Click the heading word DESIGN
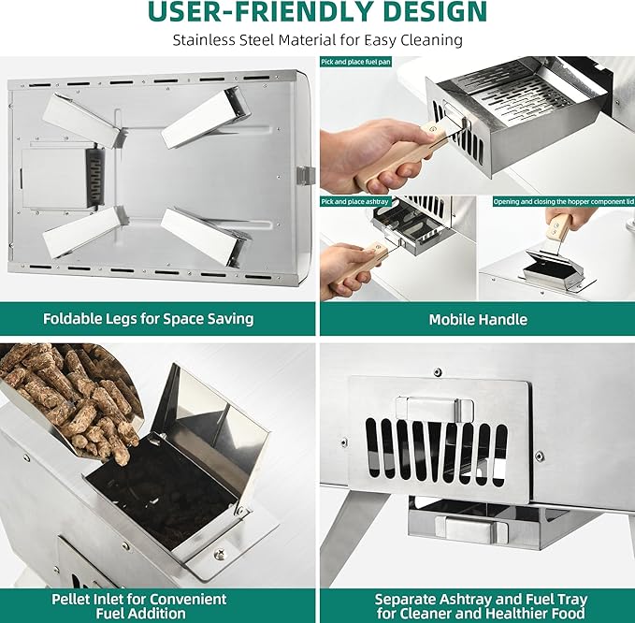pyautogui.click(x=435, y=12)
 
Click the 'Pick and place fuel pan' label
pyautogui.click(x=356, y=62)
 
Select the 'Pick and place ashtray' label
pyautogui.click(x=354, y=201)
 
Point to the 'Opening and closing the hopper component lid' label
pyautogui.click(x=563, y=202)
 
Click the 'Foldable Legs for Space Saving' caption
pyautogui.click(x=148, y=319)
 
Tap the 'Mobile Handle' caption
pyautogui.click(x=478, y=319)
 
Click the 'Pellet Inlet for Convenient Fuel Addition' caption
pyautogui.click(x=139, y=606)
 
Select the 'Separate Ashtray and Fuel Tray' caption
pyautogui.click(x=481, y=599)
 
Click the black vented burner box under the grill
pyautogui.click(x=94, y=177)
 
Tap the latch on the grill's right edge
pyautogui.click(x=306, y=175)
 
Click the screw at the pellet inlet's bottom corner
pyautogui.click(x=219, y=554)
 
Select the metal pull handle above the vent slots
pyautogui.click(x=434, y=409)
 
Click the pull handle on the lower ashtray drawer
pyautogui.click(x=471, y=529)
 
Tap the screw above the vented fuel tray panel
pyautogui.click(x=438, y=372)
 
